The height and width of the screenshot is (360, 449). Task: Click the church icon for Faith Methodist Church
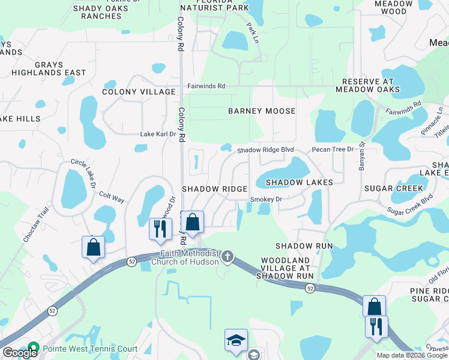(x=227, y=257)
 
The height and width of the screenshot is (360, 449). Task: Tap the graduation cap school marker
(x=236, y=340)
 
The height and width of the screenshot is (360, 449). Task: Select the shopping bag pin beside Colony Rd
(x=192, y=223)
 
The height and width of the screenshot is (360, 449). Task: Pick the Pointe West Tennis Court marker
(x=33, y=349)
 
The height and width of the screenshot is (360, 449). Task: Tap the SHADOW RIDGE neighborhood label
(x=214, y=189)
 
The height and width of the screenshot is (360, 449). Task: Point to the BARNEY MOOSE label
(x=262, y=111)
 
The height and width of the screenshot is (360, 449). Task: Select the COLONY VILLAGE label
(x=139, y=92)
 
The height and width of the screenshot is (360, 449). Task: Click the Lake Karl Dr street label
(x=158, y=134)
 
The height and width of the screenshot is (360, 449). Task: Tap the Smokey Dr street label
(x=266, y=199)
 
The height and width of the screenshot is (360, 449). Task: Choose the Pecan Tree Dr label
(x=333, y=149)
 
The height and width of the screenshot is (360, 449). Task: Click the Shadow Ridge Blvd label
(x=265, y=149)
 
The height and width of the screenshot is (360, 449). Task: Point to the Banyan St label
(x=362, y=155)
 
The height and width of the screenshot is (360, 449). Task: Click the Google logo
(x=19, y=353)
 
